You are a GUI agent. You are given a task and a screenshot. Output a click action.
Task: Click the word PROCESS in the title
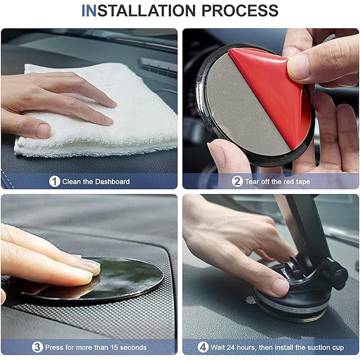pos(240,11)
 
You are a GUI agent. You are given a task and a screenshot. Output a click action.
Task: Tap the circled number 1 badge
pos(55,181)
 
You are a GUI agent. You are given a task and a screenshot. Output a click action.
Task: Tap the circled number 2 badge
pos(237,181)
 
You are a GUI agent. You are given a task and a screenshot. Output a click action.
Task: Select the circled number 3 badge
pos(37,347)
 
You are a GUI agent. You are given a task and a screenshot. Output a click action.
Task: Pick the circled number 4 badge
pos(203,347)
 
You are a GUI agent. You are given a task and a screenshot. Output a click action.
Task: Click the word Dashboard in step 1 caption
pos(112,182)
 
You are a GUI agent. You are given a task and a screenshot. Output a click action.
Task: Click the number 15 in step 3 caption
pos(114,348)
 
